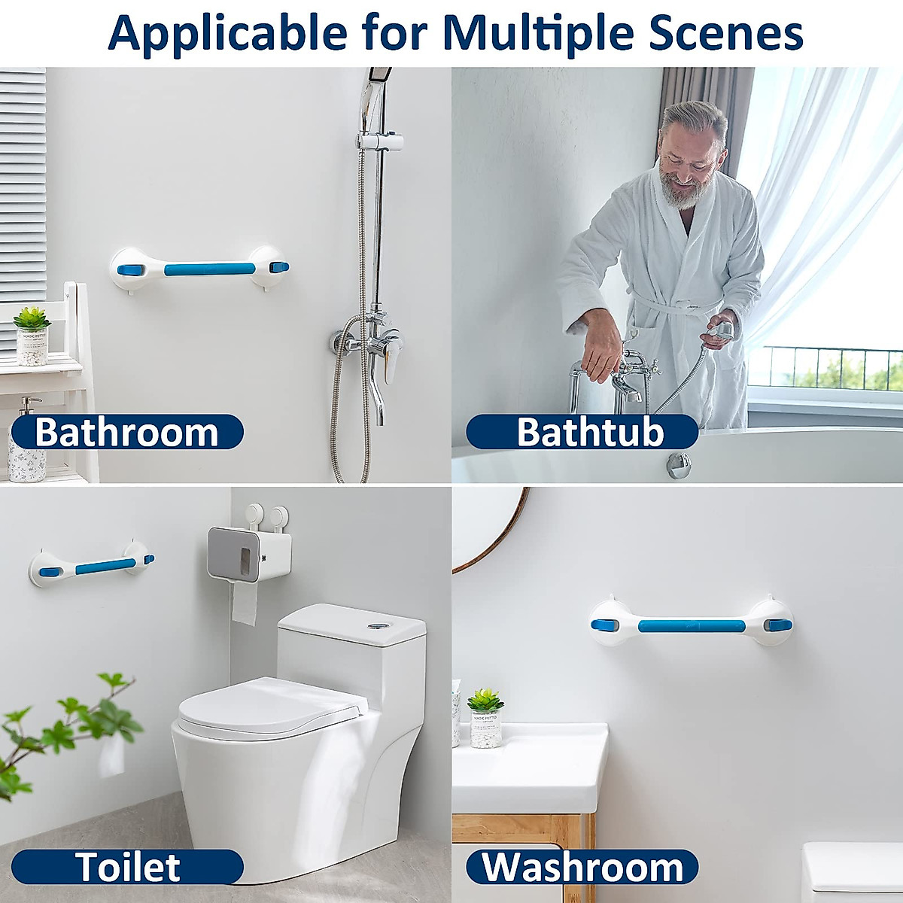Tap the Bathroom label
coord(126,433)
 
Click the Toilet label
coord(127,867)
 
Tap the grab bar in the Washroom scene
coord(691,625)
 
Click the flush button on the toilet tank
coord(376,626)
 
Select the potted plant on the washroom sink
coord(485,719)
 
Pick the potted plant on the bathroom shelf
coord(32,335)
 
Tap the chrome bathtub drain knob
coord(678,464)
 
